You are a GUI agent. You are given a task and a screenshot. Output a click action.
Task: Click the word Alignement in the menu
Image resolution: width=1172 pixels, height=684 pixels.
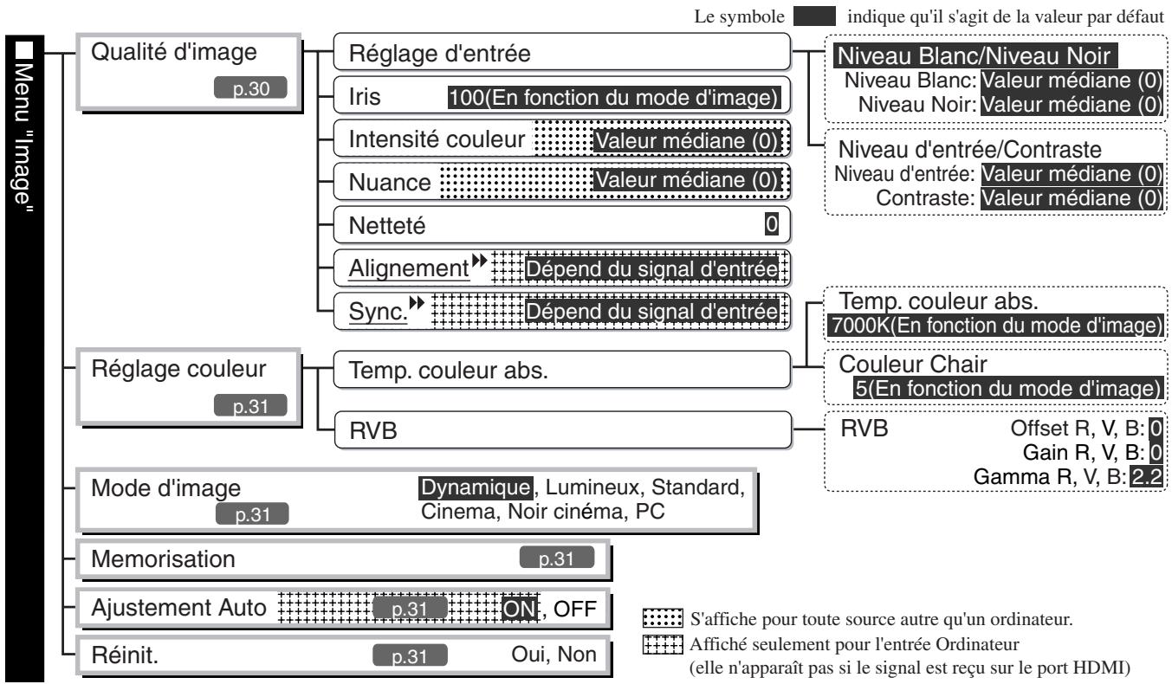pyautogui.click(x=403, y=268)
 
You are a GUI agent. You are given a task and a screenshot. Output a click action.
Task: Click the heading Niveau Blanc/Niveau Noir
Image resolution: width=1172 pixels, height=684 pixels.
pyautogui.click(x=975, y=59)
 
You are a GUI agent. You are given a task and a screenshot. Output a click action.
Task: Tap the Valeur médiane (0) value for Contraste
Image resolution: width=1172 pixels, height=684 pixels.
pyautogui.click(x=1071, y=197)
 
